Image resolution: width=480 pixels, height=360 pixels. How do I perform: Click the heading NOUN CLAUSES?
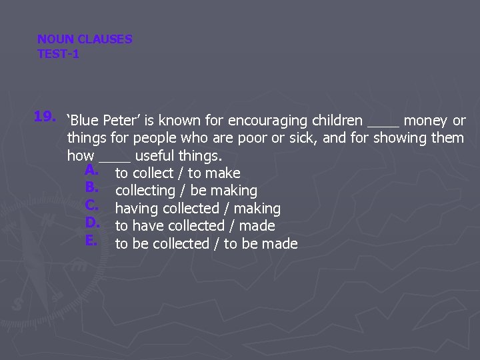[85, 39]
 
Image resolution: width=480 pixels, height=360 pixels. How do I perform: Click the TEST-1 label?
[58, 54]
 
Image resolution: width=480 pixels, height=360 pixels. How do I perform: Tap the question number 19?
[45, 117]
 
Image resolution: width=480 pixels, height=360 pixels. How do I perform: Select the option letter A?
[92, 170]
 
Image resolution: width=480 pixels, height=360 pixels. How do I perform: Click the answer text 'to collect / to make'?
[177, 173]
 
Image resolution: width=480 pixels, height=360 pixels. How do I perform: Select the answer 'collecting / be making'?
[186, 191]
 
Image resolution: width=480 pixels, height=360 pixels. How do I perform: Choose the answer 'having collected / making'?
[197, 209]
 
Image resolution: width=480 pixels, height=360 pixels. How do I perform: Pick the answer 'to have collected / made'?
[195, 226]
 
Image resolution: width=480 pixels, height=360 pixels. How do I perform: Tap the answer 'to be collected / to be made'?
[206, 243]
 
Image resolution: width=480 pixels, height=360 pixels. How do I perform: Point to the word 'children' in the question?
[337, 121]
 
